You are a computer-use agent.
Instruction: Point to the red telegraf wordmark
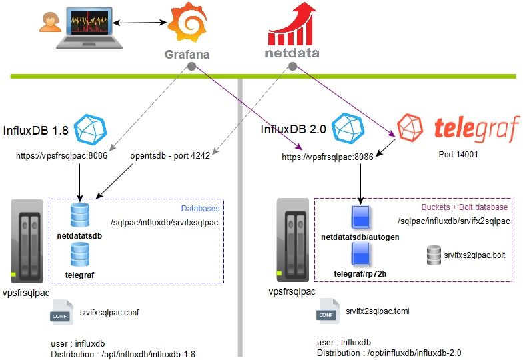click(476, 129)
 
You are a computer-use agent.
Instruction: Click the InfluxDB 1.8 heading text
click(36, 131)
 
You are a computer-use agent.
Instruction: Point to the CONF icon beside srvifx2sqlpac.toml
click(326, 312)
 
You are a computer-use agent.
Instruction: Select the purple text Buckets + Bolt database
click(464, 207)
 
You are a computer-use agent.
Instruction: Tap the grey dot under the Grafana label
click(191, 67)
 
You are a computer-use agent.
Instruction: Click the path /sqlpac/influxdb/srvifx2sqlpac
click(453, 221)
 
